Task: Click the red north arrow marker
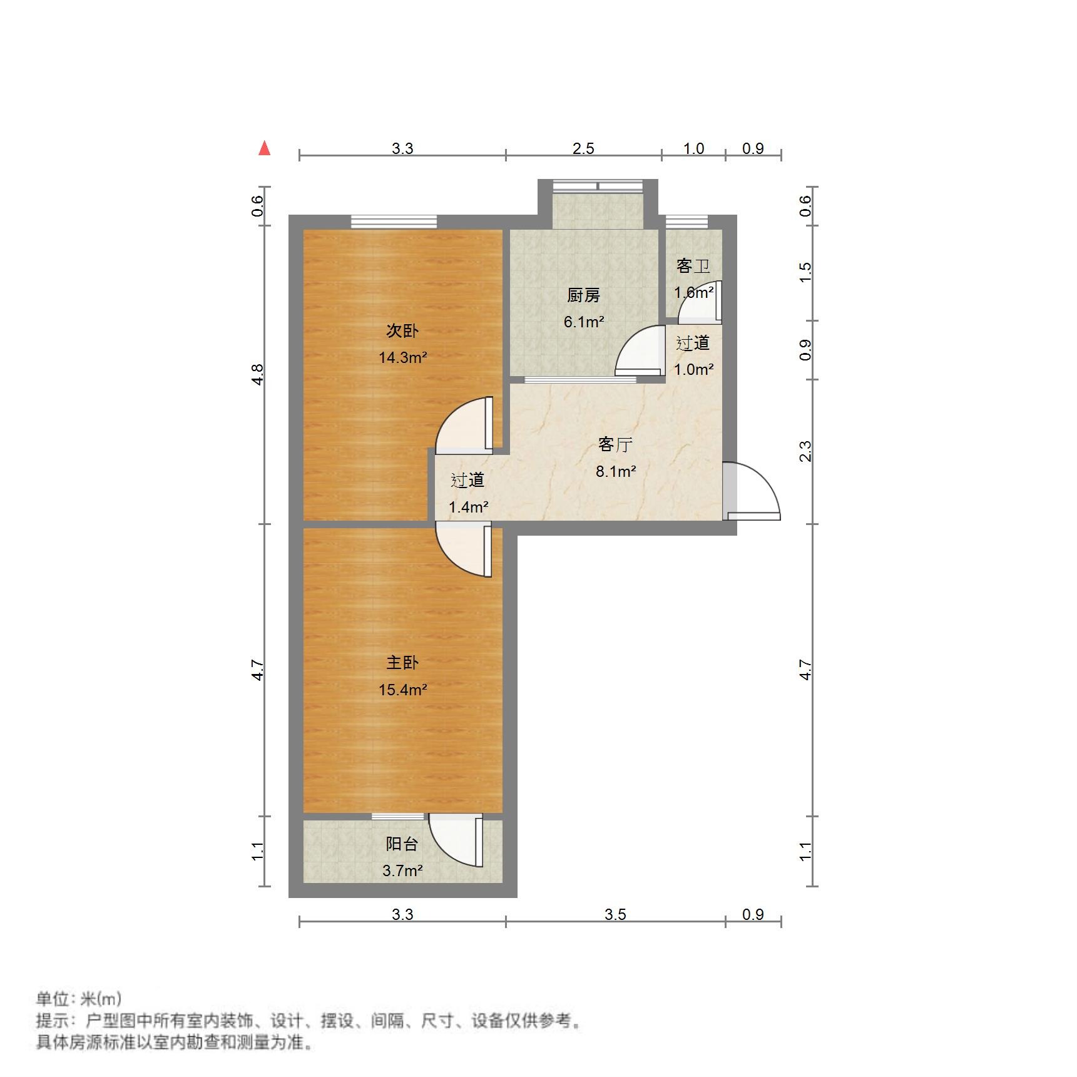tap(265, 148)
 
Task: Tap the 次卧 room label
tap(402, 330)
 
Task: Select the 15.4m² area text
tap(402, 690)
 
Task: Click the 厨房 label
tap(583, 295)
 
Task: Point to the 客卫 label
tap(693, 266)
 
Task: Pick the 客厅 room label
tap(615, 444)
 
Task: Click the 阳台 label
tap(402, 844)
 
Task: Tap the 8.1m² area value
tap(616, 471)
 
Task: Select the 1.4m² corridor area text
tap(468, 507)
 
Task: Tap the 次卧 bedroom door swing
tap(464, 426)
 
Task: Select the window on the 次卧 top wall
tap(394, 222)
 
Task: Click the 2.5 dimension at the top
tap(583, 148)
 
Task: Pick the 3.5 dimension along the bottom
tap(615, 914)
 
